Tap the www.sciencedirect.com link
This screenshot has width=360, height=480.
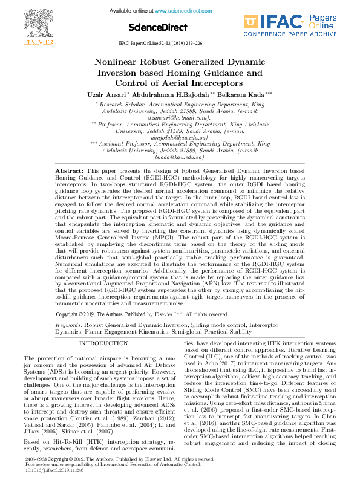click(x=185, y=11)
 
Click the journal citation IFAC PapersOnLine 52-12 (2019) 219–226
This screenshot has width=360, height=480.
click(x=169, y=44)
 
